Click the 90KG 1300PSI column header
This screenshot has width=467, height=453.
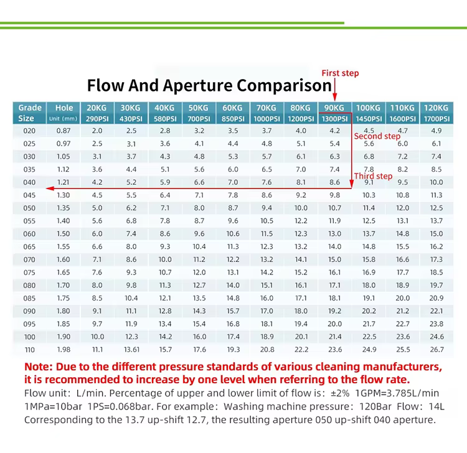[334, 113]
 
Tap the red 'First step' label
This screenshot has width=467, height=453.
[340, 73]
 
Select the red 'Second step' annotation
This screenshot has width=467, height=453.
[377, 136]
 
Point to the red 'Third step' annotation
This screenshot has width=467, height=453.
[373, 176]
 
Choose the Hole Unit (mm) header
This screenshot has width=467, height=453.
[64, 113]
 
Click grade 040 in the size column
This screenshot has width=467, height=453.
[30, 182]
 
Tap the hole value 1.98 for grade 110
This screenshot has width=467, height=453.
[64, 350]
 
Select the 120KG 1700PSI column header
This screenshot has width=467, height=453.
[436, 113]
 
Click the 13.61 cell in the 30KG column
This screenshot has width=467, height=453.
[131, 350]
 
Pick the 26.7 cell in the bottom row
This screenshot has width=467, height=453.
[436, 350]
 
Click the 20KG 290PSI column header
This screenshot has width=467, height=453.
[97, 113]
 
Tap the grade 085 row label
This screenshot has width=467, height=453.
[30, 298]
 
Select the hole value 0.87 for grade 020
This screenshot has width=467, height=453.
[64, 131]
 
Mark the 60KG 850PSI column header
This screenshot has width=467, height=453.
[233, 113]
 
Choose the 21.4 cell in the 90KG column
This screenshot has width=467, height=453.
[334, 337]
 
